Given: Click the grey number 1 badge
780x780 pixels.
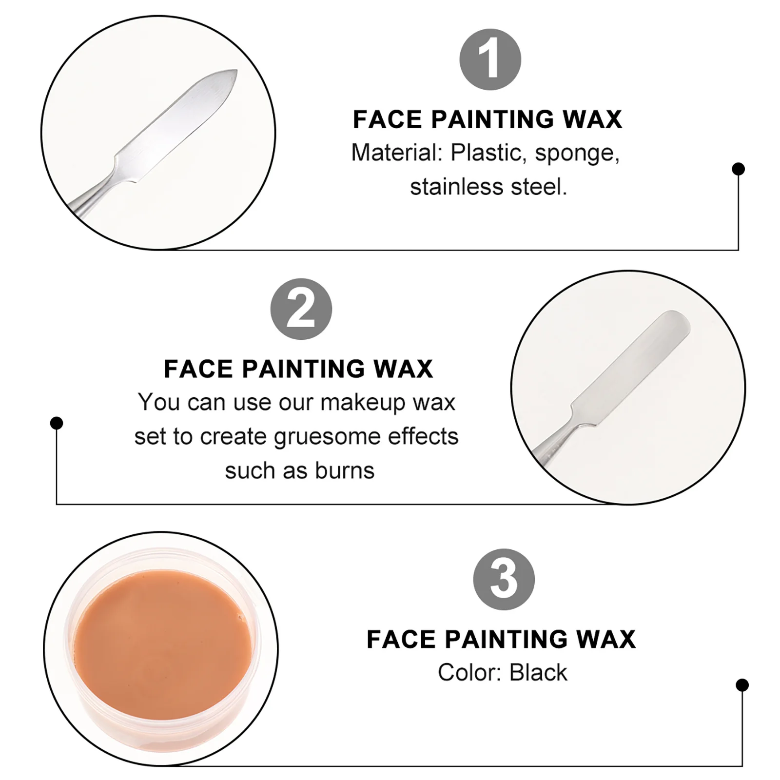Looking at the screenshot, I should pyautogui.click(x=490, y=59).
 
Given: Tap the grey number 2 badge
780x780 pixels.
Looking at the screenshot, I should pyautogui.click(x=301, y=309).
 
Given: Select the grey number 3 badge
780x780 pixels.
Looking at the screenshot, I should pyautogui.click(x=504, y=579).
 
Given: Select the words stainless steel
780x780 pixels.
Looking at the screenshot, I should pyautogui.click(x=488, y=187).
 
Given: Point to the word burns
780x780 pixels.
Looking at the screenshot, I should pyautogui.click(x=344, y=471).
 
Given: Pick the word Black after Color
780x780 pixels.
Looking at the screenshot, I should pyautogui.click(x=538, y=673).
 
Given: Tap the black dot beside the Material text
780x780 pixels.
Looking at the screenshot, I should pyautogui.click(x=738, y=169).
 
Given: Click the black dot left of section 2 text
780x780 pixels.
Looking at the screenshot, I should pyautogui.click(x=57, y=423).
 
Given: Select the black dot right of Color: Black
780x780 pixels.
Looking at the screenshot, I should pyautogui.click(x=742, y=685).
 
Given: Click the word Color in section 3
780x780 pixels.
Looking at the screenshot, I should pyautogui.click(x=468, y=673).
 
